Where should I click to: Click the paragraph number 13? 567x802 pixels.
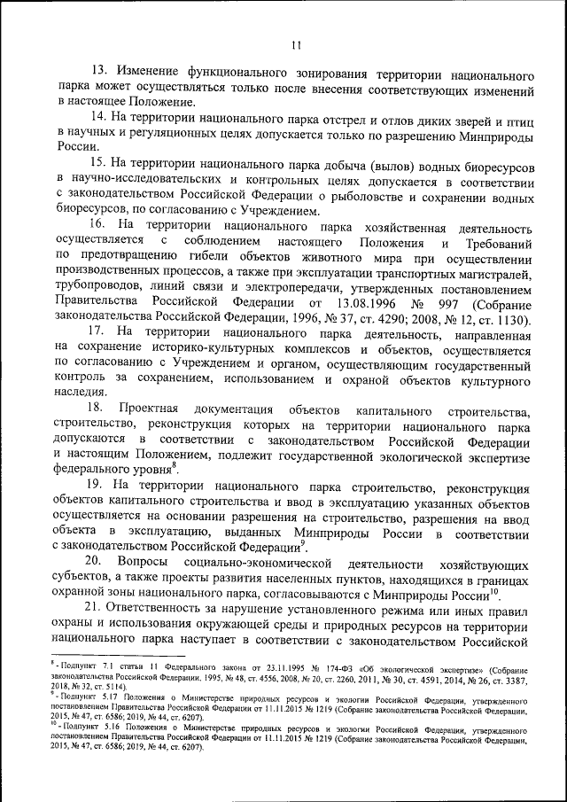point(99,70)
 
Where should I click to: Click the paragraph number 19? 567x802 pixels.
point(99,487)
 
